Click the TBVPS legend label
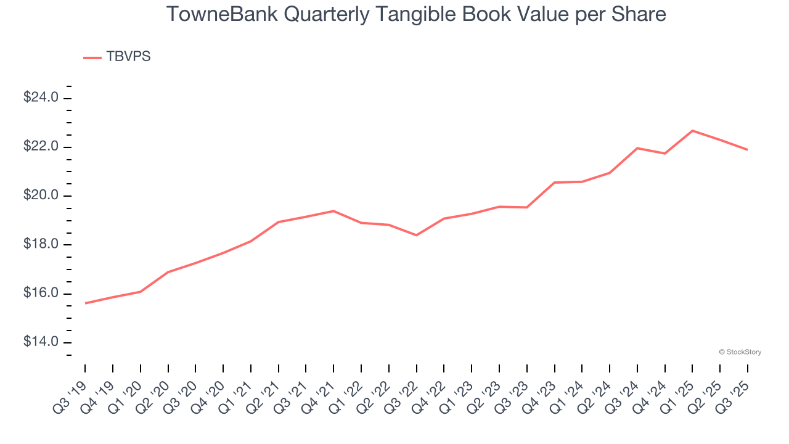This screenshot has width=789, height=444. [x=128, y=57]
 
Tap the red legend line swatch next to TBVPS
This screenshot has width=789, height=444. [x=92, y=57]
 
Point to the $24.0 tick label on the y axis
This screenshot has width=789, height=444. [x=41, y=98]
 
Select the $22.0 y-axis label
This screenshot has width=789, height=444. [x=41, y=147]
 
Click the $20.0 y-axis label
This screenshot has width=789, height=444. [x=41, y=195]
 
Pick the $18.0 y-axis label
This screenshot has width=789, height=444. [x=41, y=245]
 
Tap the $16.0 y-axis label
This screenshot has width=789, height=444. [x=41, y=294]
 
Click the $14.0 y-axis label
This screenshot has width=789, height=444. [x=41, y=342]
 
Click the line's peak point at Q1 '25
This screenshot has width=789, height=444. [x=692, y=131]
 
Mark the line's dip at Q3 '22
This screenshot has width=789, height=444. [x=417, y=235]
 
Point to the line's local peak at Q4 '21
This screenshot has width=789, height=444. [x=333, y=211]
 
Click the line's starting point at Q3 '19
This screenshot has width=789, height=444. [x=86, y=303]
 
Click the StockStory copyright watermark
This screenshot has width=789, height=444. [x=740, y=352]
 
